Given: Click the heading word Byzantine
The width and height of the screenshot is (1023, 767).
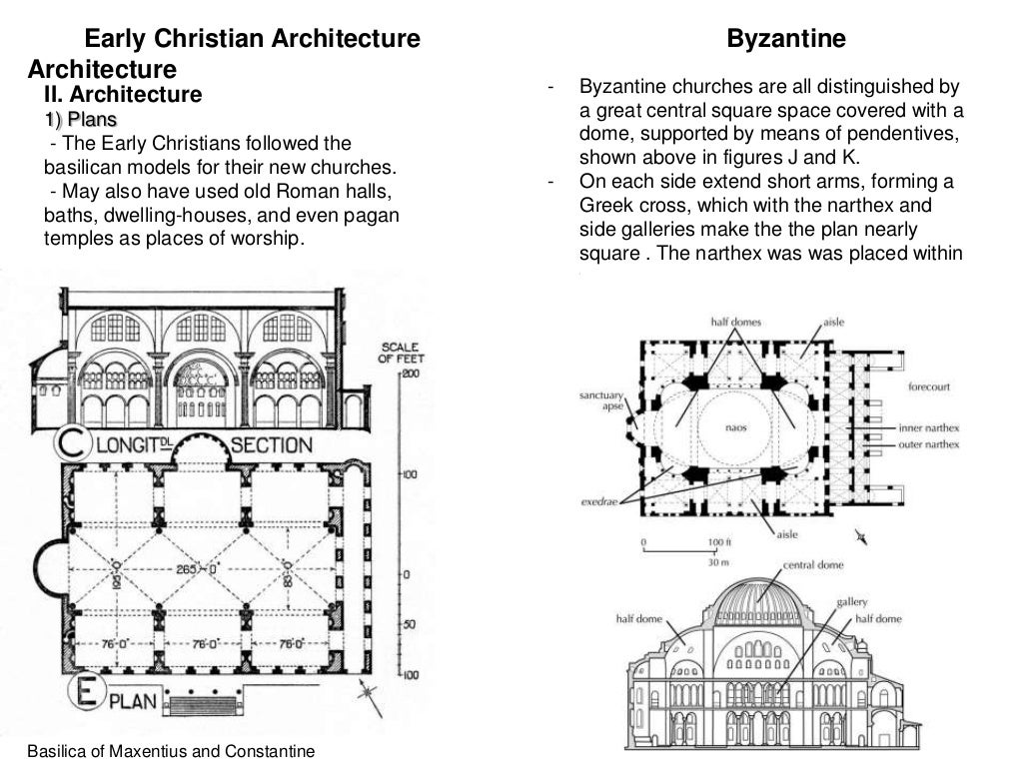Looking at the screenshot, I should point(786,40).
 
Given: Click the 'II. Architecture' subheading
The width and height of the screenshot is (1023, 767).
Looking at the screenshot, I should point(122,96).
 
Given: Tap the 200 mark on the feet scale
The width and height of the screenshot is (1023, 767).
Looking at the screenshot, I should point(410,373).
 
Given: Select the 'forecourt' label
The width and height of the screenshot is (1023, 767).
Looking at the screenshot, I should point(929,385).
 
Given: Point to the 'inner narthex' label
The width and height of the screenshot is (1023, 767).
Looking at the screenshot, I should point(928,427).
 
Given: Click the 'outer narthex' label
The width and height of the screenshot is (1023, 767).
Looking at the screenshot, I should point(928,443).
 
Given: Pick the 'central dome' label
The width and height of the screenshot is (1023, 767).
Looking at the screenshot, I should point(813,565).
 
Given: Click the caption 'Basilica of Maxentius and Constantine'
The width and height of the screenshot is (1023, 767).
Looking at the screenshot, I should point(171,751).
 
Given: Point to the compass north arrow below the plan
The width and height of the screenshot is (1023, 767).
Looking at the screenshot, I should point(371,699).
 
